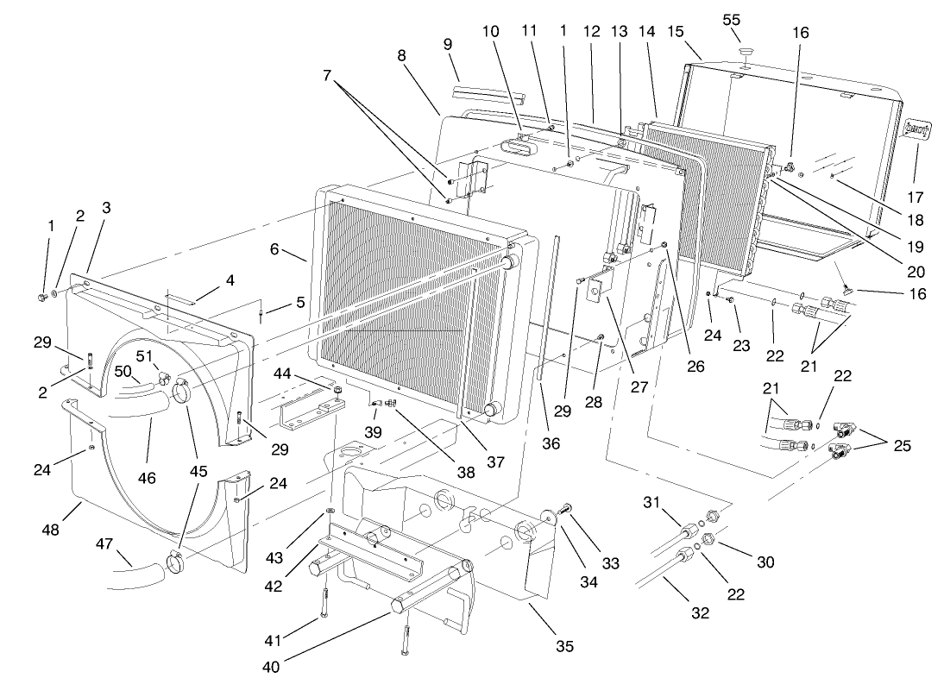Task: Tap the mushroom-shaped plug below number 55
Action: [743, 54]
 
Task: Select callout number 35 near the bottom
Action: [564, 645]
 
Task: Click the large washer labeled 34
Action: [547, 518]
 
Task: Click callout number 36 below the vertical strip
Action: [551, 443]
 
